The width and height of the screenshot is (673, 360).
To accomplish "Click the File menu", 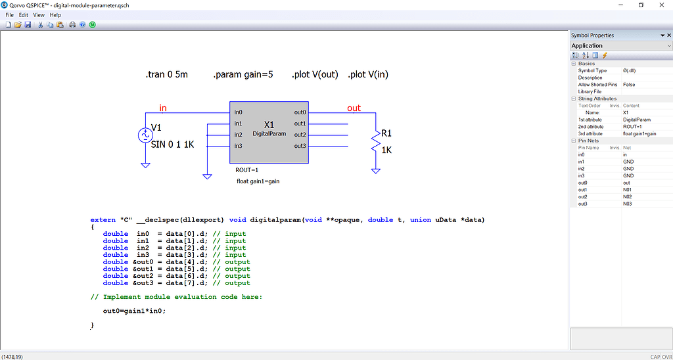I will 9,14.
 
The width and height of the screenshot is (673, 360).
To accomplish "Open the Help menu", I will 55,14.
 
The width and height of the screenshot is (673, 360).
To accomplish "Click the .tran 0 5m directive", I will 166,74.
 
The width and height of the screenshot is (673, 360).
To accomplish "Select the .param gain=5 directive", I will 243,74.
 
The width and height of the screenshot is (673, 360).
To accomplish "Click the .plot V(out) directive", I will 315,74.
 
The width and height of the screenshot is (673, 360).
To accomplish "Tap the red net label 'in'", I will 163,108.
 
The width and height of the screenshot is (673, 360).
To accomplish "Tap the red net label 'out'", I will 354,108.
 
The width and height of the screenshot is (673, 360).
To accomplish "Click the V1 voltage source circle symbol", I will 145,135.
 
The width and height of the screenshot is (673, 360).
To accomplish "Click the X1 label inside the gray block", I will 269,125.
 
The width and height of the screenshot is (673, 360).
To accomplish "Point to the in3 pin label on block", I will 239,146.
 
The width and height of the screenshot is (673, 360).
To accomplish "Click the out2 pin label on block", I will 300,135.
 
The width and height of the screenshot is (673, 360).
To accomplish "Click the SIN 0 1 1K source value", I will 172,145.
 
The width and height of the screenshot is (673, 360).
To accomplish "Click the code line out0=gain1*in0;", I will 134,311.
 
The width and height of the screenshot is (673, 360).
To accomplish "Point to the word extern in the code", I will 103,219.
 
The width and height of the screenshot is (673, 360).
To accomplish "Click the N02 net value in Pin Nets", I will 628,196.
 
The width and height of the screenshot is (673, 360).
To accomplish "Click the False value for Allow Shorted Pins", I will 629,85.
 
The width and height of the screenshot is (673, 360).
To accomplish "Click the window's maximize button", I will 641,5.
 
